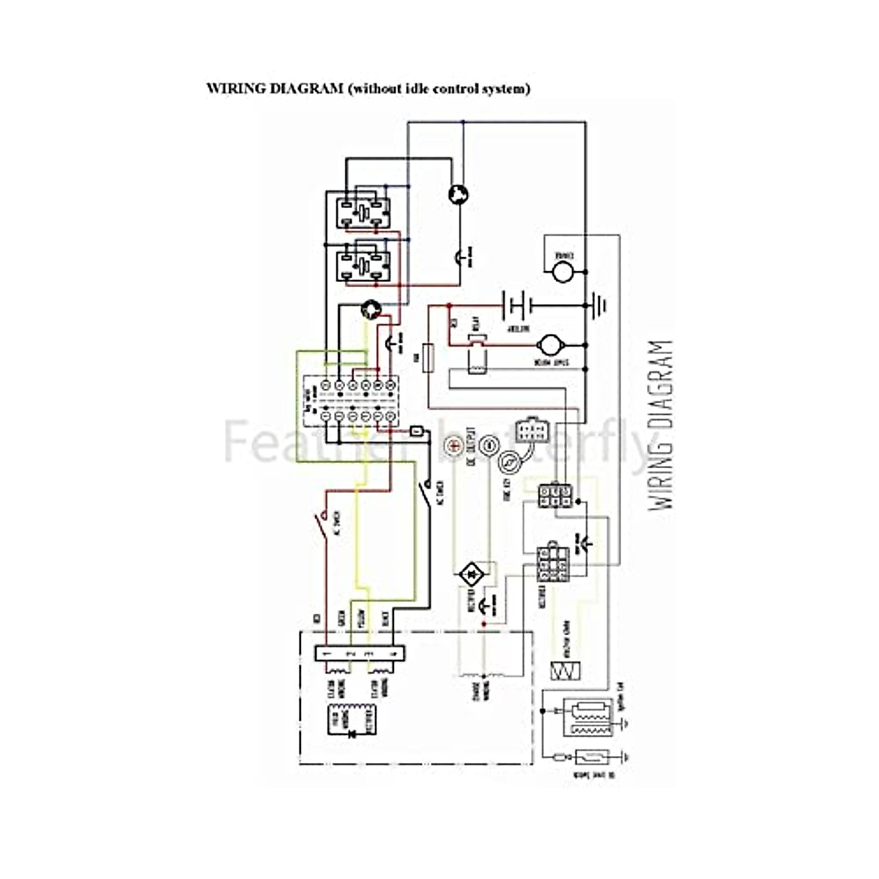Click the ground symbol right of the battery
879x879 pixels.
point(598,304)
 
